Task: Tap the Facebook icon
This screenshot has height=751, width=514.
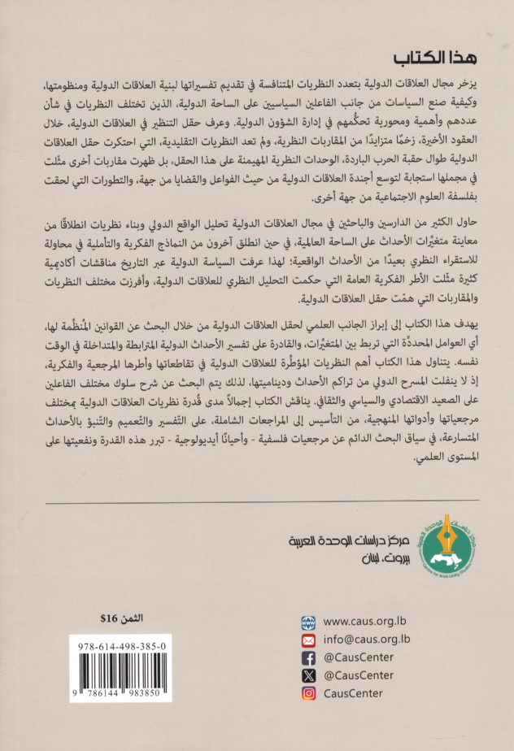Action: (x=308, y=658)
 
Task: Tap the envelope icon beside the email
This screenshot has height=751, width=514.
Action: (x=308, y=640)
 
